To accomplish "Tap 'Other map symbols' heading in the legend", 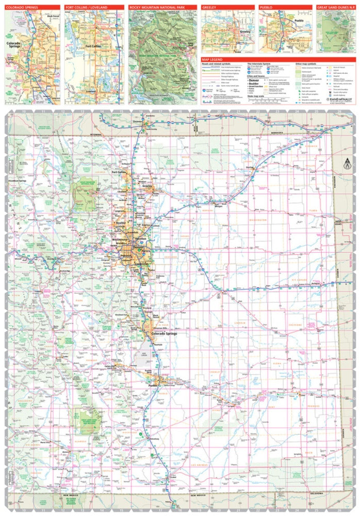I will [x=305, y=64].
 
